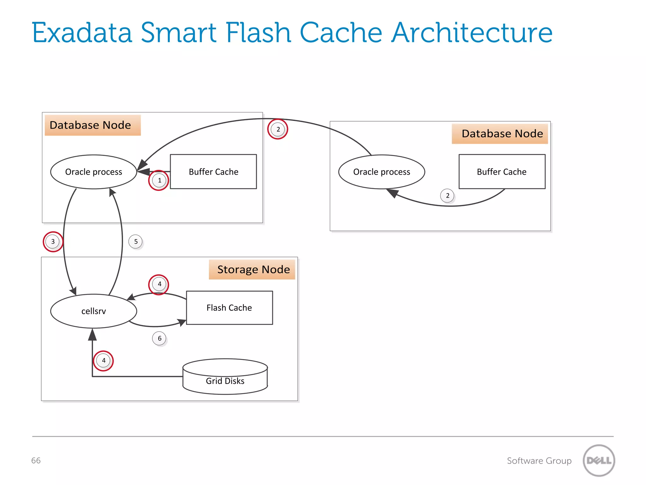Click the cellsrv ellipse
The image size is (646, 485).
point(94,311)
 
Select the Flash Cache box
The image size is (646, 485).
point(229,308)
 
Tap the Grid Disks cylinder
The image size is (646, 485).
point(225,377)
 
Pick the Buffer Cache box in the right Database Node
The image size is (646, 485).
point(502,172)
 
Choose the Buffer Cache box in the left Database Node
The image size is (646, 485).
point(214,172)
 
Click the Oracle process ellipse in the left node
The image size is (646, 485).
point(94,172)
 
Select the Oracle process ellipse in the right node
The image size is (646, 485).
point(382,172)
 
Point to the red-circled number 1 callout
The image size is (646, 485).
point(159,180)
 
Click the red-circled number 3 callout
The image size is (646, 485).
point(53,242)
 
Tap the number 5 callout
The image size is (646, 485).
point(136,242)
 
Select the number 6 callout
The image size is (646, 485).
point(159,338)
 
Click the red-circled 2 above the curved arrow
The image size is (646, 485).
point(278,129)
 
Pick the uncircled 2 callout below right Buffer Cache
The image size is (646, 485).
point(447,196)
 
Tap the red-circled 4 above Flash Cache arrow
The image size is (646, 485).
point(159,284)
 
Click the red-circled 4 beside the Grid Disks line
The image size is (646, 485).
point(103,361)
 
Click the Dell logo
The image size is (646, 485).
point(599,460)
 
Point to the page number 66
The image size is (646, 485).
point(36,460)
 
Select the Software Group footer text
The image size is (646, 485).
point(539,461)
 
